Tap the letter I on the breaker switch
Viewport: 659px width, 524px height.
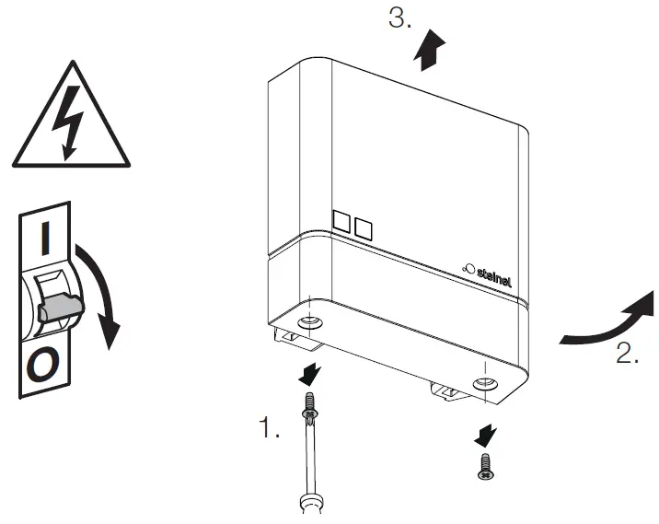click(x=45, y=238)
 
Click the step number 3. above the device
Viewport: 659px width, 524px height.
click(x=399, y=19)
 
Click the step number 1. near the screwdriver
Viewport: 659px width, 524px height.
click(x=268, y=428)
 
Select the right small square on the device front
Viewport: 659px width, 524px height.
click(x=363, y=227)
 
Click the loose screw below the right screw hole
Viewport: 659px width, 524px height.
click(x=483, y=465)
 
